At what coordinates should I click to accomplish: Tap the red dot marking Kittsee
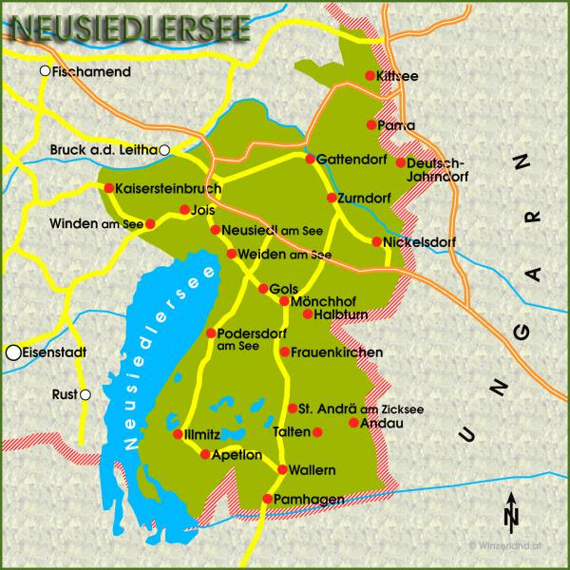pyautogui.click(x=370, y=76)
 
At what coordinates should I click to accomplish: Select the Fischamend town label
pyautogui.click(x=91, y=71)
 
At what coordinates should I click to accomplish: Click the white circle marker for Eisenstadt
pyautogui.click(x=13, y=352)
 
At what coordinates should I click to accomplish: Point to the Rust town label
pyautogui.click(x=66, y=394)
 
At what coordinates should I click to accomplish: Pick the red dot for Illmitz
pyautogui.click(x=178, y=434)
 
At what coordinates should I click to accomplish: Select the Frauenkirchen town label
pyautogui.click(x=336, y=352)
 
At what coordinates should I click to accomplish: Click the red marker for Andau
pyautogui.click(x=353, y=423)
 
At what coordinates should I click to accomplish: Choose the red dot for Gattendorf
pyautogui.click(x=310, y=159)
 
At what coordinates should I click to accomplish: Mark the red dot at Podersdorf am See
pyautogui.click(x=210, y=332)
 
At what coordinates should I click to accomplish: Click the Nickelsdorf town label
pyautogui.click(x=420, y=242)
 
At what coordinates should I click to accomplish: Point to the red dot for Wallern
pyautogui.click(x=283, y=470)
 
